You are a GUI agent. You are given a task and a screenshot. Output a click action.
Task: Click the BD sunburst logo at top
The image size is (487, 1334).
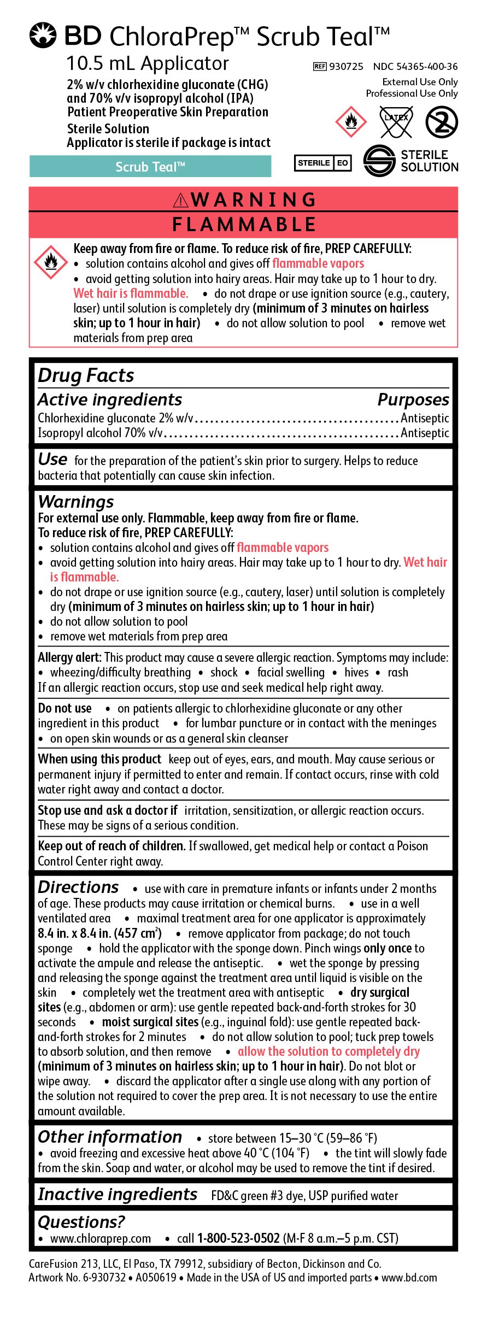click(x=43, y=36)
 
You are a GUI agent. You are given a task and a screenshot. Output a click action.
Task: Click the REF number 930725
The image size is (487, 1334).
click(x=345, y=67)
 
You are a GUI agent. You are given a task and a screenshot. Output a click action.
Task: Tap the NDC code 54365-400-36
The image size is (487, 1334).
click(x=415, y=67)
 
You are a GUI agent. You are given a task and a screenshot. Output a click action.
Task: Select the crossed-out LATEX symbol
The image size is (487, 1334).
click(x=396, y=121)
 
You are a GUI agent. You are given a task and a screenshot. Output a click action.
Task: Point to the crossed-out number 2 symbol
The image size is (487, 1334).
click(x=442, y=121)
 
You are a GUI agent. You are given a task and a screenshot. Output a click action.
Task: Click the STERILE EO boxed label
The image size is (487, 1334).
click(x=323, y=163)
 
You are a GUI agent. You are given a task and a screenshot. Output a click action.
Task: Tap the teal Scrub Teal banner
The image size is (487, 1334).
click(x=150, y=167)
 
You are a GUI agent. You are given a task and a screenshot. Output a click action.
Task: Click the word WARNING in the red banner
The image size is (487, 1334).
click(x=253, y=200)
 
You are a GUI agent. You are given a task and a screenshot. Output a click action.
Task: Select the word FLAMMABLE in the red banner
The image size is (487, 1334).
click(x=244, y=225)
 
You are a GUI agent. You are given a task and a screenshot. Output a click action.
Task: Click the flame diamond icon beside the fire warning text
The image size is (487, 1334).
click(x=51, y=262)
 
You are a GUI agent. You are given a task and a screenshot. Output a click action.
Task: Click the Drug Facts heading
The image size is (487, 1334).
click(x=86, y=375)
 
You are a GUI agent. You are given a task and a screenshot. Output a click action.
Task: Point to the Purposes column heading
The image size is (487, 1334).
click(x=413, y=400)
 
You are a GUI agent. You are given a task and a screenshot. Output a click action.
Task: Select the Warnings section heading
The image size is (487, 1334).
click(x=76, y=502)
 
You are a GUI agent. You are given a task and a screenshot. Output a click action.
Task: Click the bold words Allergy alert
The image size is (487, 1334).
click(x=69, y=657)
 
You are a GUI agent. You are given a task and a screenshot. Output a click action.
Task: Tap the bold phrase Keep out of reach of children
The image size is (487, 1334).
click(x=112, y=846)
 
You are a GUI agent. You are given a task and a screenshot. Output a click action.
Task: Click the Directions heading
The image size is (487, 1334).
click(x=78, y=887)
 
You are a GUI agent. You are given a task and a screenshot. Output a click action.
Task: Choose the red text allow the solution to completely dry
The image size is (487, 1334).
click(x=328, y=1051)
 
